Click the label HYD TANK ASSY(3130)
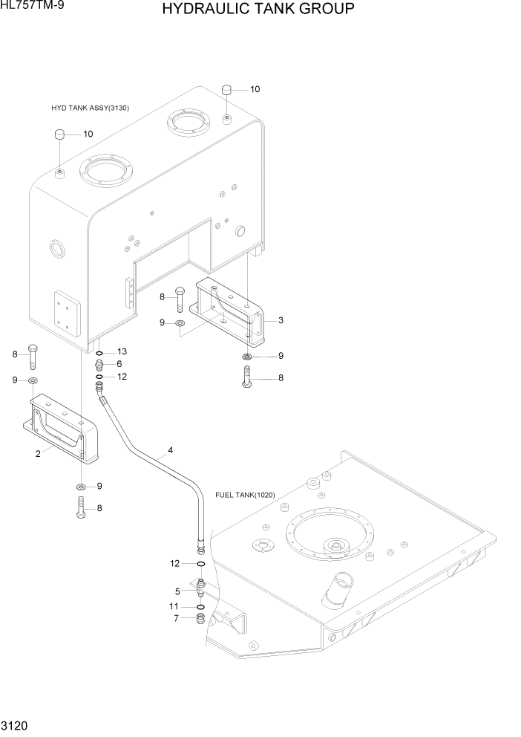[x=91, y=108]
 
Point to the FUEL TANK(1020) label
[x=244, y=495]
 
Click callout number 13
[x=122, y=351]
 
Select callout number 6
[x=119, y=364]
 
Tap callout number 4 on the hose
[x=170, y=449]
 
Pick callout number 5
[x=178, y=592]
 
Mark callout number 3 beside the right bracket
[x=281, y=320]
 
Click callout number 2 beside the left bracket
[x=37, y=455]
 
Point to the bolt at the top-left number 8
[x=32, y=357]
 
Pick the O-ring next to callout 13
[x=99, y=351]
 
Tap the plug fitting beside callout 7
[x=200, y=619]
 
